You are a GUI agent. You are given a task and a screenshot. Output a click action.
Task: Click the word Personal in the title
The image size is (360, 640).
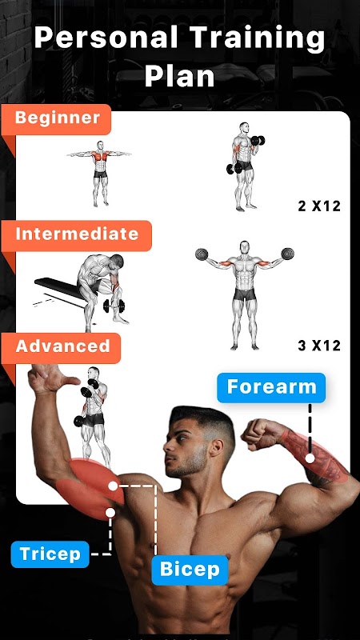(x=106, y=38)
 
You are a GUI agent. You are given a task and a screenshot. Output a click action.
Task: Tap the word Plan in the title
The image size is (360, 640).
(x=179, y=76)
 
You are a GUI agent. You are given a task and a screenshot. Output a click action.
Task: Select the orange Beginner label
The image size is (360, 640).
(x=56, y=118)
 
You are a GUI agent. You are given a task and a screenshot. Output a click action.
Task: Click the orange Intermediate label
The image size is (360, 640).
(x=77, y=235)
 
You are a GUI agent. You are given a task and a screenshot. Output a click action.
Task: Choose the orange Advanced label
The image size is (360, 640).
(x=62, y=347)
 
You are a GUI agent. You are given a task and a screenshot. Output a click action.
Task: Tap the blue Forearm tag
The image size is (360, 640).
(x=271, y=387)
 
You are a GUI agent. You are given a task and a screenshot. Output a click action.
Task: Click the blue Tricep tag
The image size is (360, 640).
(x=50, y=554)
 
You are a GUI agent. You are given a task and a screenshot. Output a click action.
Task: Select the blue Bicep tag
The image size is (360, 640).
(x=190, y=570)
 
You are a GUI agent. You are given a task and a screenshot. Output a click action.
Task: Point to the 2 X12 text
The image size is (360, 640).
(x=319, y=206)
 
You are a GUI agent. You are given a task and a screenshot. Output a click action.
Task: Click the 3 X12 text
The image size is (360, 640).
(x=319, y=346)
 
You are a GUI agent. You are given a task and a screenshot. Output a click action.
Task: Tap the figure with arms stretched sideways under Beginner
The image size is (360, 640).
(x=99, y=173)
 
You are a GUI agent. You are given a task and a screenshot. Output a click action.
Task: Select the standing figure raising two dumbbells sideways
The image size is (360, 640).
(x=245, y=294)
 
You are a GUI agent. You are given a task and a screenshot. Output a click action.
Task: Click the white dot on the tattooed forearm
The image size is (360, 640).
(x=310, y=458)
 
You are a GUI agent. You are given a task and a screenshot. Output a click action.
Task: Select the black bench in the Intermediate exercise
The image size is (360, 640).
(x=62, y=290)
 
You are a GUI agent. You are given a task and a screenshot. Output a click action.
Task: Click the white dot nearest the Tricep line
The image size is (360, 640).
(x=110, y=513)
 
